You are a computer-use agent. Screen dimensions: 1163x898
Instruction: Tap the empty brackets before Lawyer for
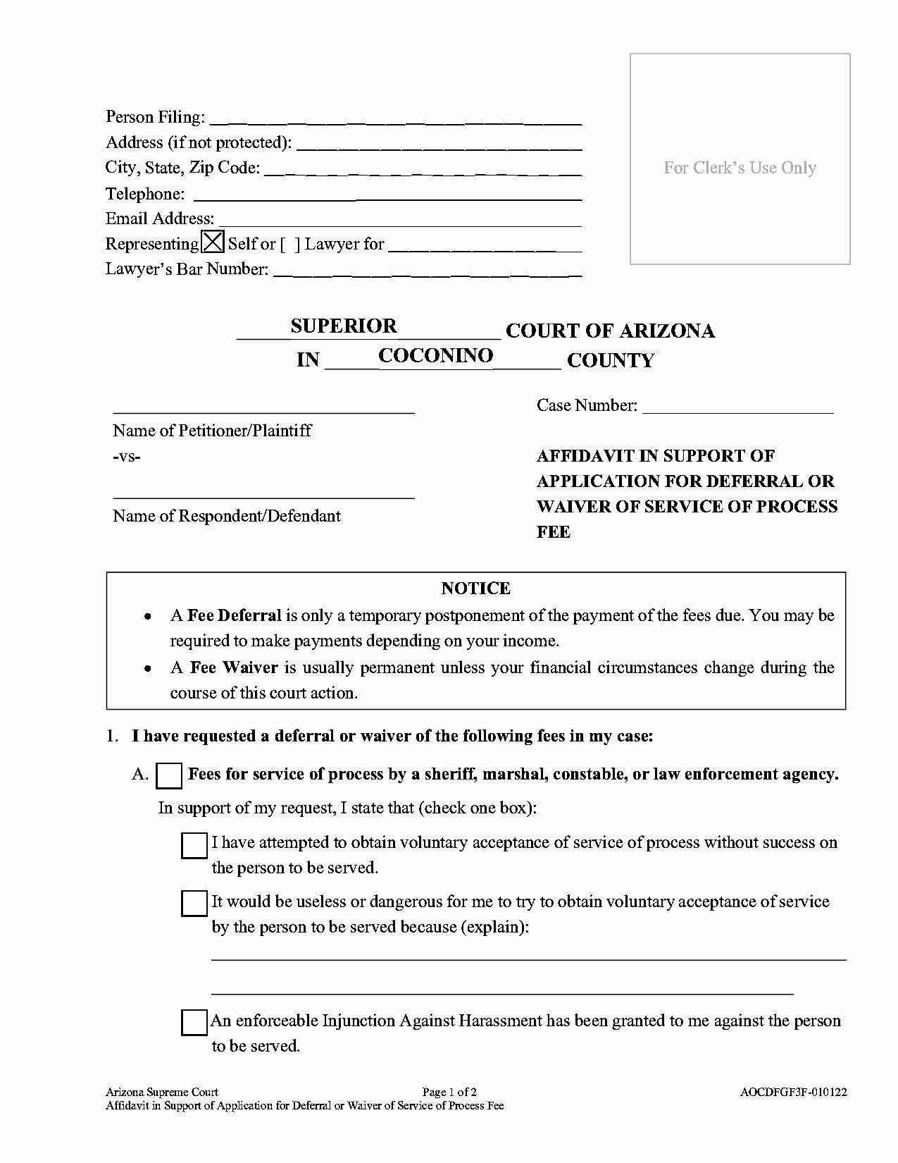[x=289, y=244]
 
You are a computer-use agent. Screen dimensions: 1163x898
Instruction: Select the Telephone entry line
[x=387, y=197]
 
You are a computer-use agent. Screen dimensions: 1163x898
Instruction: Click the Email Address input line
[x=399, y=223]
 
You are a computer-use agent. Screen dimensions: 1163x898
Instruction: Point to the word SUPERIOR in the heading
[x=344, y=326]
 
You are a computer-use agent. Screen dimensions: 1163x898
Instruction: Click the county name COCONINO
[x=435, y=355]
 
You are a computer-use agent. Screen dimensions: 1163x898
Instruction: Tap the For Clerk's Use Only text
[x=740, y=168]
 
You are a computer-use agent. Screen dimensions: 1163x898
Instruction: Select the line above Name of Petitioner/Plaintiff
[x=263, y=411]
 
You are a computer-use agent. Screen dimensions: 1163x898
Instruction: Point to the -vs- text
[x=127, y=456]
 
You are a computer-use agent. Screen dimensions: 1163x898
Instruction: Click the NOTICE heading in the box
[x=475, y=588]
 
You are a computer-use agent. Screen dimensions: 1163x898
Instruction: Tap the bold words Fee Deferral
[x=234, y=615]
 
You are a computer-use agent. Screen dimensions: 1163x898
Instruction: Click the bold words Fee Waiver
[x=234, y=667]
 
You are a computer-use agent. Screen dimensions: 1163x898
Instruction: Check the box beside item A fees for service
[x=169, y=775]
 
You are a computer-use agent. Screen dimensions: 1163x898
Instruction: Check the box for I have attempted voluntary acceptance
[x=194, y=845]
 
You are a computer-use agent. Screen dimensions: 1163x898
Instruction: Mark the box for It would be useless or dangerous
[x=194, y=904]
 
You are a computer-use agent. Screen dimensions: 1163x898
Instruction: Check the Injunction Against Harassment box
[x=194, y=1023]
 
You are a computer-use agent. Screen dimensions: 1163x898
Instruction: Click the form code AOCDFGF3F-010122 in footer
[x=793, y=1093]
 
